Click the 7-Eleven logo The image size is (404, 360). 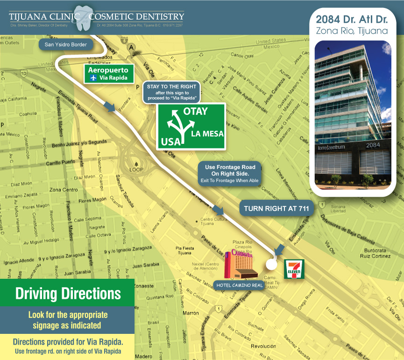[295, 269]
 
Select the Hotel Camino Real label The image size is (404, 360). [238, 285]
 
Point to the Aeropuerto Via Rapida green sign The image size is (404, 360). [109, 74]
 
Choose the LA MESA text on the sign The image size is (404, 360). [207, 134]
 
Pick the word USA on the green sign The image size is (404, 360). [171, 141]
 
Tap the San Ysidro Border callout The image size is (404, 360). [67, 45]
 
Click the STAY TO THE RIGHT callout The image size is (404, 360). [172, 92]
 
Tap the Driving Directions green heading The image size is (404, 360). [68, 294]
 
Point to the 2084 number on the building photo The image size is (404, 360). [373, 146]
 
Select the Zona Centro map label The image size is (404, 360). [63, 190]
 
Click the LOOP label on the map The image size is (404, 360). [136, 169]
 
